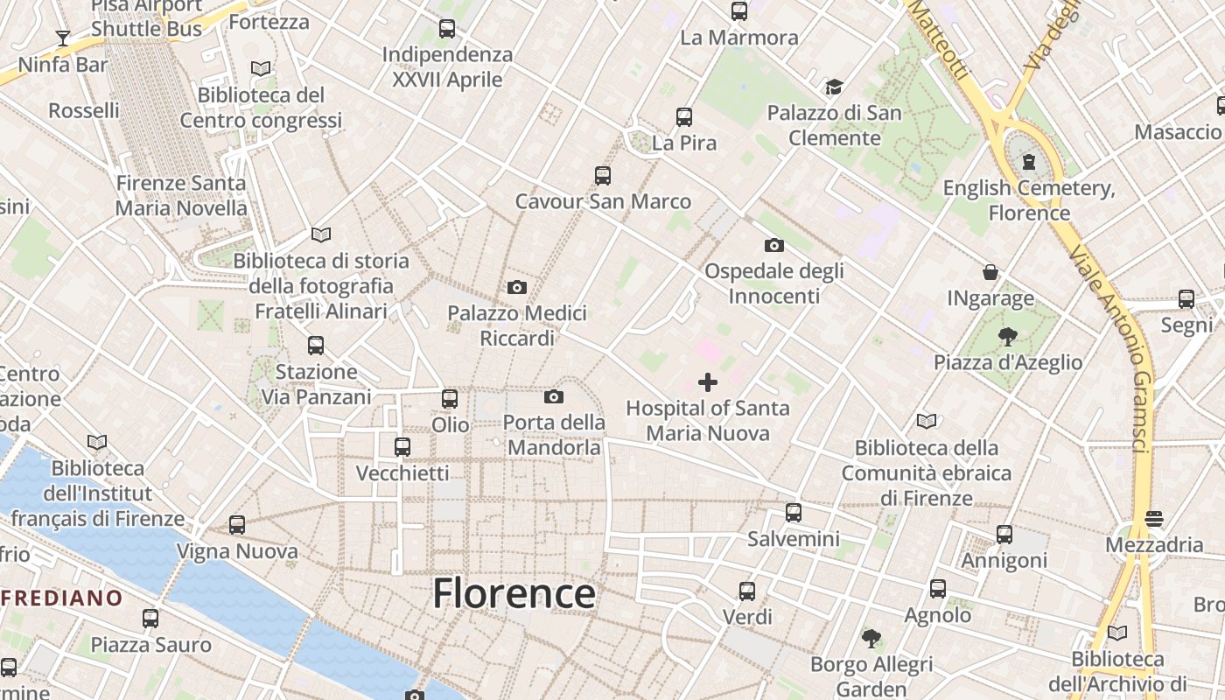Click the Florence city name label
[x=514, y=593]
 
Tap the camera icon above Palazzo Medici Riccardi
[x=517, y=287]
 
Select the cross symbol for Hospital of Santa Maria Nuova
[x=708, y=382]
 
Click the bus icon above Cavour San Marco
[x=603, y=175]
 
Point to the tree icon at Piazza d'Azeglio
[x=1008, y=336]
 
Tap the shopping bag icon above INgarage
[x=990, y=272]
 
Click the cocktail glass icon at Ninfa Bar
[x=63, y=38]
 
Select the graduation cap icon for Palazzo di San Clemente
[x=834, y=87]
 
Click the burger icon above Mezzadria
[x=1154, y=518]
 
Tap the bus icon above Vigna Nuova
[x=237, y=525]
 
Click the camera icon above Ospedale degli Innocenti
[x=773, y=245]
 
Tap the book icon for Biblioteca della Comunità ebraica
[x=927, y=422]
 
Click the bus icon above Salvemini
[x=794, y=513]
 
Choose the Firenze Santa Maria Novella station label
[x=181, y=196]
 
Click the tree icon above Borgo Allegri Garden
[x=871, y=638]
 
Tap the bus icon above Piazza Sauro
[x=150, y=619]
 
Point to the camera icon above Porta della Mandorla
[x=553, y=397]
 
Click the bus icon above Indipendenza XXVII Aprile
[x=447, y=29]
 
